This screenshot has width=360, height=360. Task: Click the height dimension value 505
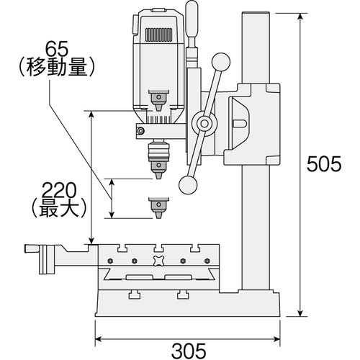pos(323,164)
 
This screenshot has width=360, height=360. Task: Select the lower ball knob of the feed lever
pos(188,185)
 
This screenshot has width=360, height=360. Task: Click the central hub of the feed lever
pos(205,124)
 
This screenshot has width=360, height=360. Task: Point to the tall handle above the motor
pos(192,22)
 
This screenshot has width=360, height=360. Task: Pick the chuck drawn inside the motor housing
pos(156,98)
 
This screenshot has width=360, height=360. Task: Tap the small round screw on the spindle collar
pos(141,130)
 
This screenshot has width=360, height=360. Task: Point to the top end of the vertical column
pos(255,14)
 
